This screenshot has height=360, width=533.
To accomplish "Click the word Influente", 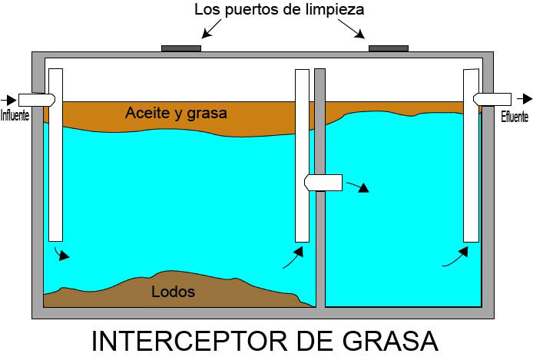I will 15,117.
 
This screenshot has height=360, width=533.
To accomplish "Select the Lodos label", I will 173,292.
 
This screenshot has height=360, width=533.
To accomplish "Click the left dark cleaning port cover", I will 181,48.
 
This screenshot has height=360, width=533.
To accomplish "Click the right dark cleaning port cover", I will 388,48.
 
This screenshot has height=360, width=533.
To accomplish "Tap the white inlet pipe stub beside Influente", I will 35,99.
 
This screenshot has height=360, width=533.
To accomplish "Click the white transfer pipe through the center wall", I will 323,181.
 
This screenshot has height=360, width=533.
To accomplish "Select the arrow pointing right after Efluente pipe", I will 525,98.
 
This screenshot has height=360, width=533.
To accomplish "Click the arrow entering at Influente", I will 8,99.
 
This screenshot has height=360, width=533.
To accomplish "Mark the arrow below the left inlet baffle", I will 61,254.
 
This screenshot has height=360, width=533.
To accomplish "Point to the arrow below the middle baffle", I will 291,258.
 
